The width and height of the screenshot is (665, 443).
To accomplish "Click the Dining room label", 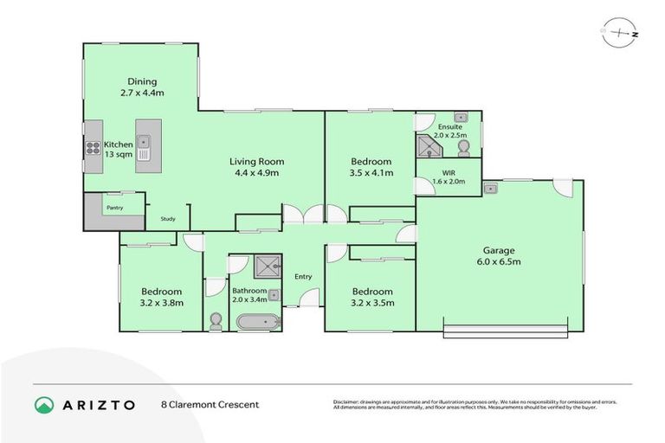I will (x=142, y=82).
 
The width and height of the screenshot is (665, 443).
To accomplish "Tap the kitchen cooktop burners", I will (x=93, y=147).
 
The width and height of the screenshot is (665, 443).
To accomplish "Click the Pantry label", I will (x=113, y=208).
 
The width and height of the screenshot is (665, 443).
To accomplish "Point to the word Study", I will (x=168, y=219).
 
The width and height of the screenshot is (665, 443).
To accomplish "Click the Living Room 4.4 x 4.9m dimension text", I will (x=256, y=173).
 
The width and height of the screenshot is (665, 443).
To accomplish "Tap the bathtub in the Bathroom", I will (x=259, y=323).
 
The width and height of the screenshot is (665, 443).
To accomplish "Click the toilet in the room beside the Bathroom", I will (x=216, y=322).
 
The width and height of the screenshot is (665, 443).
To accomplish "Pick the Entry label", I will (x=303, y=277).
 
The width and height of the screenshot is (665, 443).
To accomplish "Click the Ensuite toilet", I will (x=463, y=148).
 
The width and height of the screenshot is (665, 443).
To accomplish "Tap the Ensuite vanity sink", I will (x=461, y=118).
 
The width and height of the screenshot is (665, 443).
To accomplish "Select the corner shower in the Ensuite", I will (x=428, y=148).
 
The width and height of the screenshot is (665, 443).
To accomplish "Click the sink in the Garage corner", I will (x=491, y=188).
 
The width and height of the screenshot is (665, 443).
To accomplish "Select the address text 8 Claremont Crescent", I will (x=210, y=404).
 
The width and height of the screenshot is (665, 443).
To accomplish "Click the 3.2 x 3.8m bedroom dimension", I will (x=160, y=303).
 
